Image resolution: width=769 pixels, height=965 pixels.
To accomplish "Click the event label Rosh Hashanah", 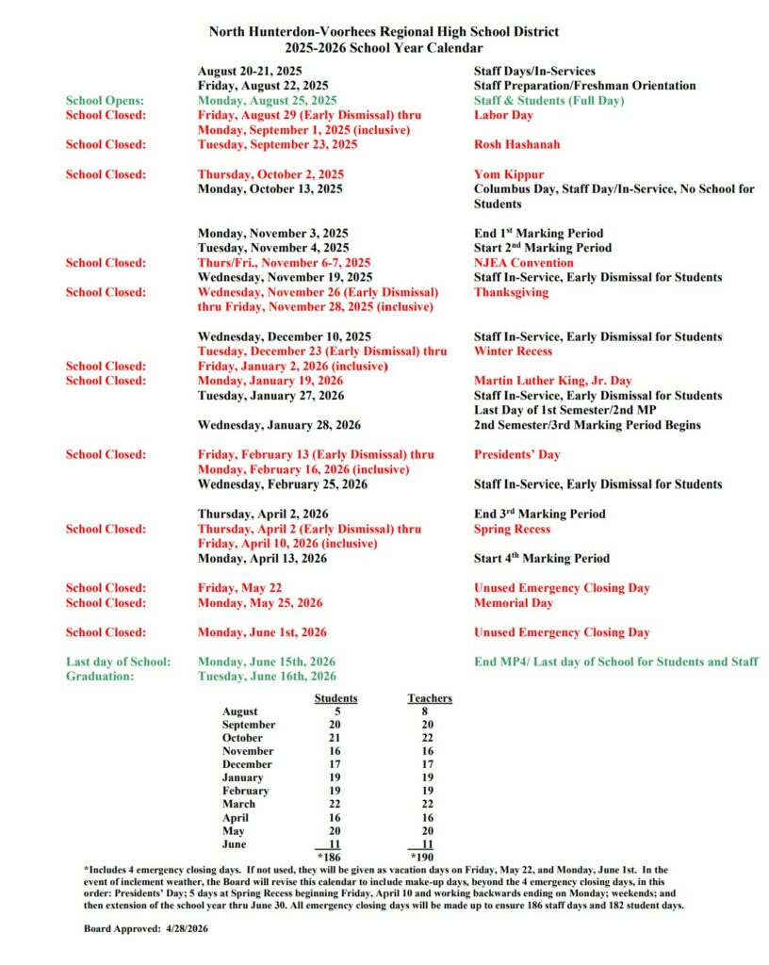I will click(x=516, y=144).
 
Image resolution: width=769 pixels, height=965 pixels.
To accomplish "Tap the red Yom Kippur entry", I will click(x=510, y=174).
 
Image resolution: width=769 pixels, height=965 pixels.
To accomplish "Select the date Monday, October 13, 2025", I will click(x=270, y=189).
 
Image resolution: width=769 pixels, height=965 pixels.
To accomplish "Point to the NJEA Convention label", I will click(x=523, y=263).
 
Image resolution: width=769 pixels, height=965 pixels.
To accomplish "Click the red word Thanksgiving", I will click(x=511, y=292).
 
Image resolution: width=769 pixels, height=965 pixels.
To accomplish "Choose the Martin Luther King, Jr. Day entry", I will click(x=552, y=381).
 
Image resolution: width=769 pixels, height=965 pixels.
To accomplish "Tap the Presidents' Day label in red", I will click(x=516, y=454).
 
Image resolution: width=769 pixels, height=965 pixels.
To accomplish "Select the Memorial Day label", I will click(x=514, y=602).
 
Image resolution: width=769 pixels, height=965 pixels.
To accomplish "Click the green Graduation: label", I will click(x=100, y=676).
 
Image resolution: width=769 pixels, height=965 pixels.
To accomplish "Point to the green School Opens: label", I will click(x=106, y=100).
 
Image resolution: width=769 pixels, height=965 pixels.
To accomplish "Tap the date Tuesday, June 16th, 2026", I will click(x=267, y=676).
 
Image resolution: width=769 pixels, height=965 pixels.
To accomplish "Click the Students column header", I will click(x=335, y=698).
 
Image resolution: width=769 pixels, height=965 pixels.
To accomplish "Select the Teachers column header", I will click(x=430, y=698).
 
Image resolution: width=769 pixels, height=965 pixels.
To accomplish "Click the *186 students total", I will click(x=330, y=859).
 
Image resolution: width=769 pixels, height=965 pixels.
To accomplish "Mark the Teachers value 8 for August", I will click(x=426, y=711).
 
